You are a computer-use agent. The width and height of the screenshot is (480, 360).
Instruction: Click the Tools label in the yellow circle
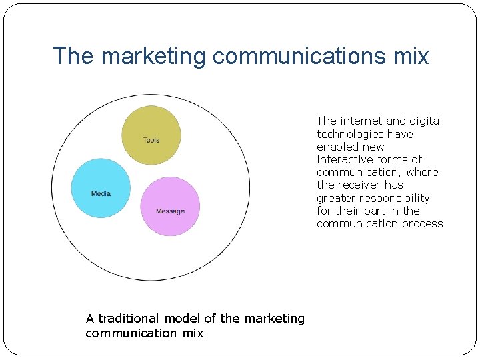pos(151,140)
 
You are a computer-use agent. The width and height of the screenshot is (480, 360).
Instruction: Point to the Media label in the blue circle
pos(101,193)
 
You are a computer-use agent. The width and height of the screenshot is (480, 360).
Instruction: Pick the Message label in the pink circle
pos(170,211)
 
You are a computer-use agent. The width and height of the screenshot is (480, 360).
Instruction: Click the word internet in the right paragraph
pos(361,121)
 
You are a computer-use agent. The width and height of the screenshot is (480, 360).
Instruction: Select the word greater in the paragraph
pos(336,198)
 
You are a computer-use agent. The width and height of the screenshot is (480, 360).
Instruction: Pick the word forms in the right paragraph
pos(389,159)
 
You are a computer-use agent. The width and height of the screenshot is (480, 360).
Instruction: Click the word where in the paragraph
pos(422,172)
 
